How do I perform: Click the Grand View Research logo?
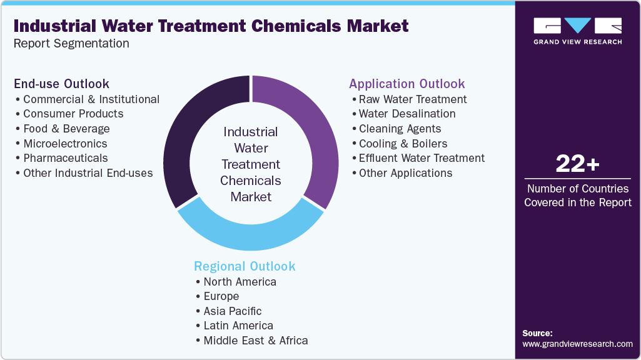[578, 31]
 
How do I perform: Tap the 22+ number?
[577, 164]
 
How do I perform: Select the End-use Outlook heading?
[62, 84]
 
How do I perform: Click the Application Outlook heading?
[406, 84]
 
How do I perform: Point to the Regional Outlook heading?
[245, 266]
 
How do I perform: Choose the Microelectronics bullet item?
[65, 143]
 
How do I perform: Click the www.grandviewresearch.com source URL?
[577, 344]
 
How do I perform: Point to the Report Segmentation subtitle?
[71, 43]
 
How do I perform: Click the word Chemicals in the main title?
[296, 26]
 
